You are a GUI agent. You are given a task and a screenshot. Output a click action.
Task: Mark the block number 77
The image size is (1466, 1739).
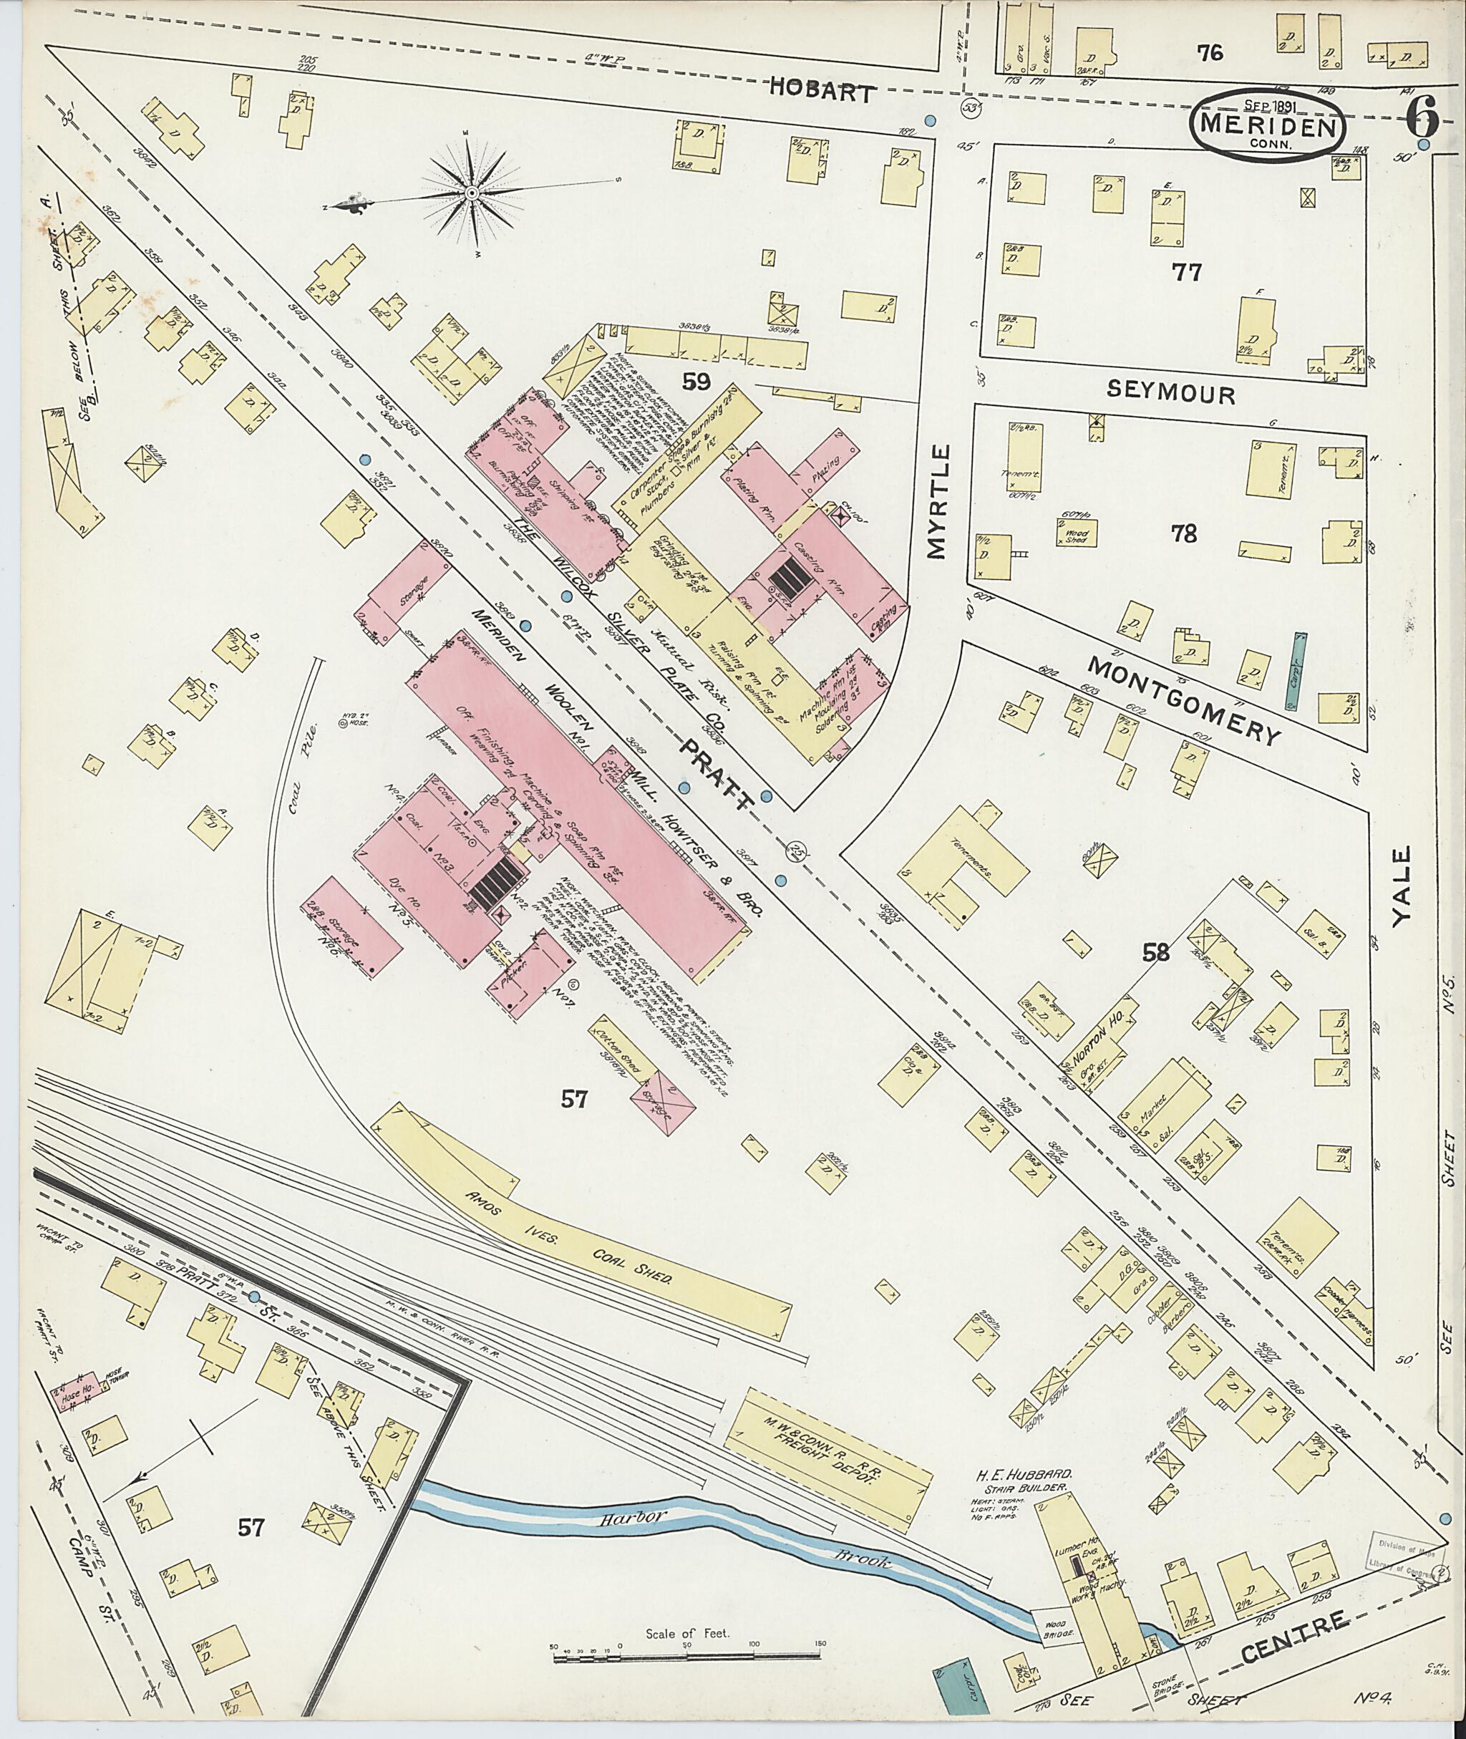coord(1185,272)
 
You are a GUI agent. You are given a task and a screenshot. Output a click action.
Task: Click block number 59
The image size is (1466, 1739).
coord(696,382)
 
